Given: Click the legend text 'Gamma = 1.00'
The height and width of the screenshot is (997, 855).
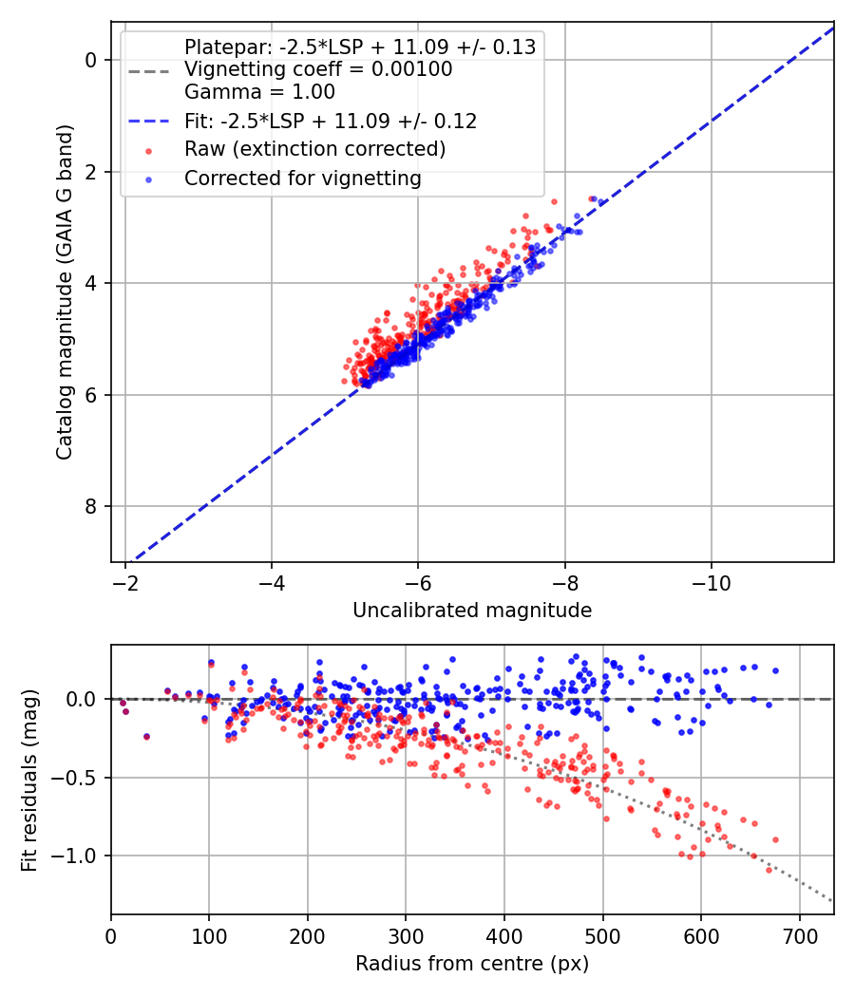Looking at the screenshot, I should pos(259,92).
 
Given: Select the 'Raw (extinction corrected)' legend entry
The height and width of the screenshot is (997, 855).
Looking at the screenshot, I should pos(314,149).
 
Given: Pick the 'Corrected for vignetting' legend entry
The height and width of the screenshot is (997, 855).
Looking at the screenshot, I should pos(302,178).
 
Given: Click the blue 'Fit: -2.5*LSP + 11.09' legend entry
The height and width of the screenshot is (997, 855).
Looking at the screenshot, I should pos(330,121).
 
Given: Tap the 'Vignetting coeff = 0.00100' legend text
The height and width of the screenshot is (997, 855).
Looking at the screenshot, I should pos(318,69).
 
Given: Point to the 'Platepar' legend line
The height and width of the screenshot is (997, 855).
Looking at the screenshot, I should pos(360,47).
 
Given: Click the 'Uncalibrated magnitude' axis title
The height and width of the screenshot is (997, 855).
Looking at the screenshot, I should pos(472,611).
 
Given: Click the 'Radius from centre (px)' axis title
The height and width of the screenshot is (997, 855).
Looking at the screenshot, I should pos(472,964).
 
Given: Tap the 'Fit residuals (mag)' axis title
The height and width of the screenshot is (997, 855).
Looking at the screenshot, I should pos(29,780).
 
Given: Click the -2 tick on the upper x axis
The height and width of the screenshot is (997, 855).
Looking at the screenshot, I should pos(125,583).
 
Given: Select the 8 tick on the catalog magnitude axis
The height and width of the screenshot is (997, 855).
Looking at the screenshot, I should pos(91,506).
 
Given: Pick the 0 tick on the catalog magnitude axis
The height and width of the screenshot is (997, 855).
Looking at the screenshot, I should pos(91,60).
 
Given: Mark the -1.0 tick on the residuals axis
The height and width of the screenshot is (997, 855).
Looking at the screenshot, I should pos(80,856).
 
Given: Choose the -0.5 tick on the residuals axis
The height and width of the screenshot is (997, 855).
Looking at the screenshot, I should pos(80,778).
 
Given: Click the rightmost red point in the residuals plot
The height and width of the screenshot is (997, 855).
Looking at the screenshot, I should pos(775,839).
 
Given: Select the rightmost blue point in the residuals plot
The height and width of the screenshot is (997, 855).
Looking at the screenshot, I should pos(775,670).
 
